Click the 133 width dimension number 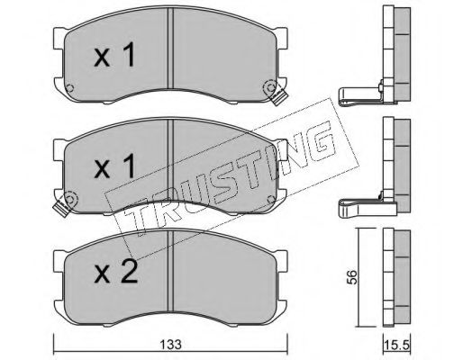pos(170,345)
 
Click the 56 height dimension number pos(351,277)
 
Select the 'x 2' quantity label pos(116,271)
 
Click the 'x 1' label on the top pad pos(114,55)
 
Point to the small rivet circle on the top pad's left pos(69,88)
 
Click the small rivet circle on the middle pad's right pos(271,199)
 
